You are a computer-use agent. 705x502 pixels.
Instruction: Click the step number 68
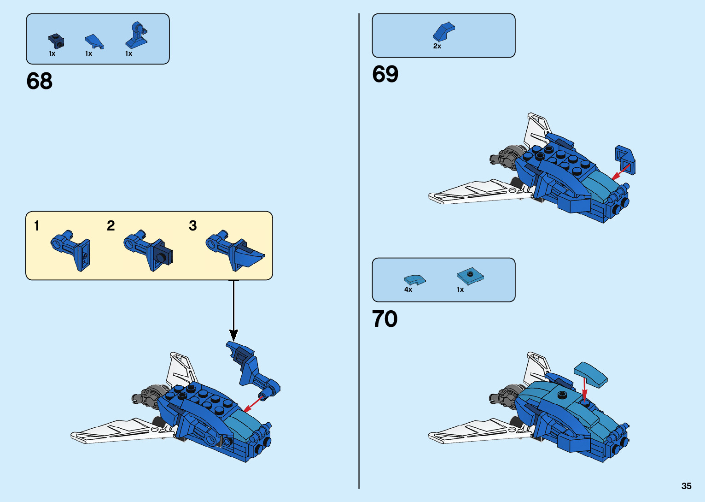pos(40,81)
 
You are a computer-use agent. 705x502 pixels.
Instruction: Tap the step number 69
pos(385,74)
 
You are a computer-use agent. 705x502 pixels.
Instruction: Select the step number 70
pos(385,319)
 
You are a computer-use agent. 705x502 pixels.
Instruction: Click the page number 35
pos(686,486)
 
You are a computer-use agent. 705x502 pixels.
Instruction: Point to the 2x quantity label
pos(437,46)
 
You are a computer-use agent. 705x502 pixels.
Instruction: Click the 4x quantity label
pos(408,289)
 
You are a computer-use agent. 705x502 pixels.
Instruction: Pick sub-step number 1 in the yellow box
pos(37,226)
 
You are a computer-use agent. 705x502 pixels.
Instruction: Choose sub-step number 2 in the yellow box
pos(111,226)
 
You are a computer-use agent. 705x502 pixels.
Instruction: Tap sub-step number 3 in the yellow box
pos(192,226)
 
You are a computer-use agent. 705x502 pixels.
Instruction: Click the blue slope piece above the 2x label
pos(443,31)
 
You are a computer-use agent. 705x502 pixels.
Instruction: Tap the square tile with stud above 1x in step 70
pos(470,276)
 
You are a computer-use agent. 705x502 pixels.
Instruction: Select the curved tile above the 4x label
pos(414,280)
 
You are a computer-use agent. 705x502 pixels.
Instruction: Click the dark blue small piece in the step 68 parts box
pos(56,41)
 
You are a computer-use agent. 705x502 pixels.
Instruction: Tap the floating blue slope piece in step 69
pos(625,159)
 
